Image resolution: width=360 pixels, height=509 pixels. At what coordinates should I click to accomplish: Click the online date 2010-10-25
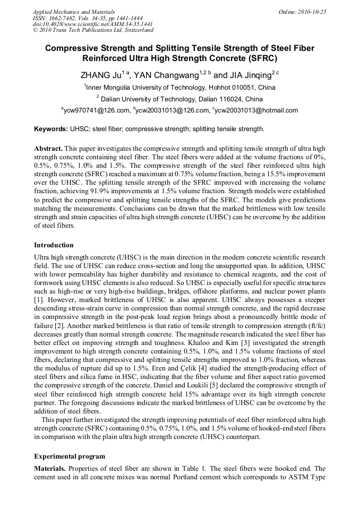[313, 12]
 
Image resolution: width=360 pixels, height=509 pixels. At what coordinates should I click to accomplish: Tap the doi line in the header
[93, 24]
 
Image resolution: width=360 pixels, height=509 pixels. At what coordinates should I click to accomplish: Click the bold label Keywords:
[51, 129]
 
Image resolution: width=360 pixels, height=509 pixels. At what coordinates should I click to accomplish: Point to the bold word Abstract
[48, 148]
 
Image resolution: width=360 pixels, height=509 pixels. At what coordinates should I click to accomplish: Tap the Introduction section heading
[54, 245]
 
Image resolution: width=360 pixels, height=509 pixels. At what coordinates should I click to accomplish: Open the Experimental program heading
[70, 456]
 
